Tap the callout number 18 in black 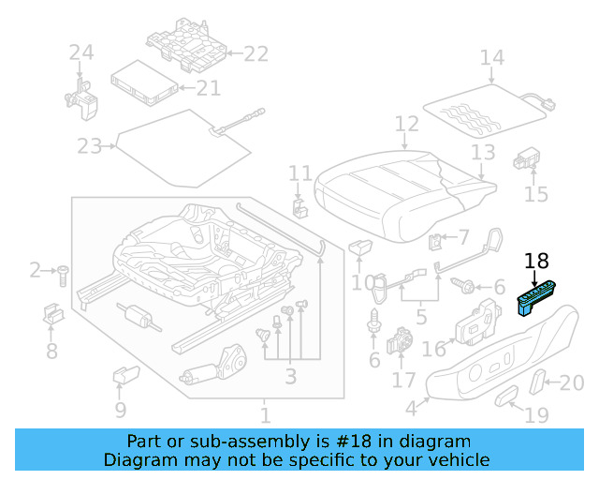(537, 262)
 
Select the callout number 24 (81, 53)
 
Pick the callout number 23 (89, 146)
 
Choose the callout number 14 (491, 58)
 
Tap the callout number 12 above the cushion (406, 124)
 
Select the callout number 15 (535, 194)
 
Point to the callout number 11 (299, 173)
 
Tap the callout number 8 (51, 352)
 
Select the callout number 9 (121, 409)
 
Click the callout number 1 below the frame (265, 413)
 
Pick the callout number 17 (403, 381)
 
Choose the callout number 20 (571, 382)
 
